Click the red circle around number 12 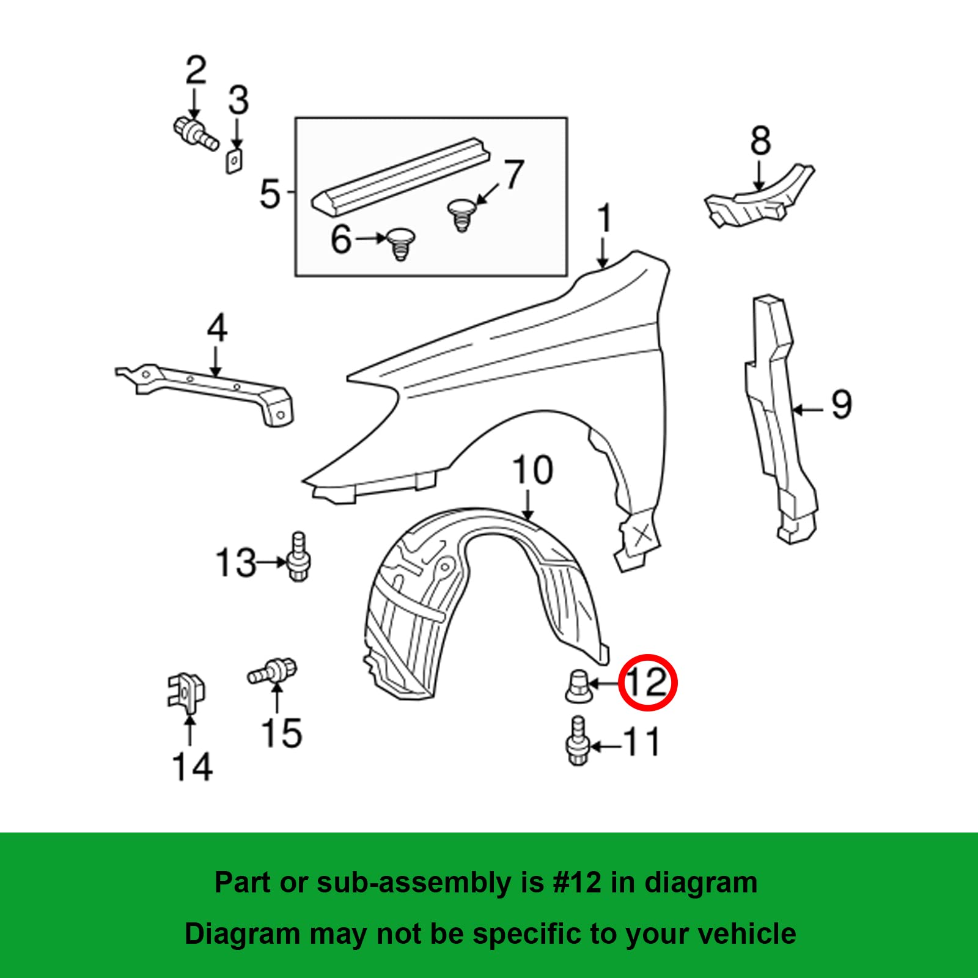tap(648, 682)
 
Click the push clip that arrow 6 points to tap(400, 243)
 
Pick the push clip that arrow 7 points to tap(461, 215)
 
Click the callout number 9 tap(841, 405)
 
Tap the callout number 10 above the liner tap(532, 470)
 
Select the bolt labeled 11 tap(576, 741)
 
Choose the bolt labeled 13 tap(298, 557)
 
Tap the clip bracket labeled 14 tap(186, 691)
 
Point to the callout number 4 tap(217, 328)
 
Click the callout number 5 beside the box tap(270, 194)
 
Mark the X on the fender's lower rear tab tap(642, 535)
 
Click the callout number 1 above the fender tap(604, 218)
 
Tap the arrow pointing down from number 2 tap(194, 104)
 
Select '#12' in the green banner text tap(577, 883)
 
